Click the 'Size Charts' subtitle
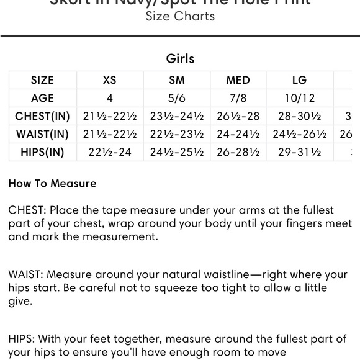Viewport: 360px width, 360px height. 180,17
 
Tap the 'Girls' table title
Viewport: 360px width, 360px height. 180,59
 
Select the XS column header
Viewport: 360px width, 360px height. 110,80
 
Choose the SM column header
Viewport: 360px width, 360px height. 177,80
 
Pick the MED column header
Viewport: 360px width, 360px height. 238,80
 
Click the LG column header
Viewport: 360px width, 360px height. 299,80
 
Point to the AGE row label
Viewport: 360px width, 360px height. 42,98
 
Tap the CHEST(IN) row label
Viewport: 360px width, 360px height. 42,116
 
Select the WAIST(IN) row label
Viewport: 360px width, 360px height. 42,134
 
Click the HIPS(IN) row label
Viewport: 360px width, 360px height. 42,152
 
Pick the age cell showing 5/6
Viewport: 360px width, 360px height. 177,98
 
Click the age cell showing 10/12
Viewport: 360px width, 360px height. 299,98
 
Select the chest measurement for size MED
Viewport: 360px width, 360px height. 238,116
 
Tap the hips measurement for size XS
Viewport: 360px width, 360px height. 110,152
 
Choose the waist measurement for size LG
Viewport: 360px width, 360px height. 299,134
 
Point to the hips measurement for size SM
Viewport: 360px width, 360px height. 177,152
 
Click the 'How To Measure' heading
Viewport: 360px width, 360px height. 53,184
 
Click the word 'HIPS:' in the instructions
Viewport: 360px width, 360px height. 24,339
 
